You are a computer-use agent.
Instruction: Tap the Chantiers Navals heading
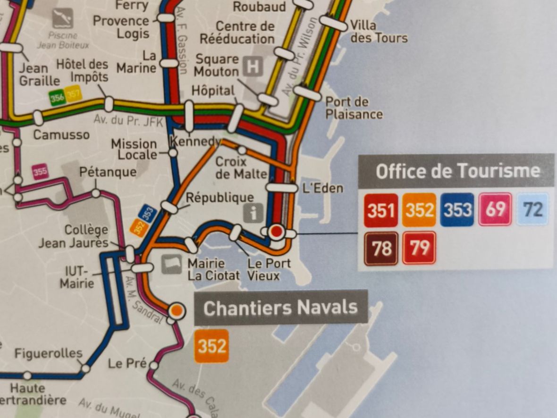[280, 308]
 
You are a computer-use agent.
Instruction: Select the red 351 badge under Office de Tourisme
[380, 210]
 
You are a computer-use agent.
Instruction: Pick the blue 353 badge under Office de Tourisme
[457, 210]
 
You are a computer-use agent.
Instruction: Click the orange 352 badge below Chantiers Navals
[211, 346]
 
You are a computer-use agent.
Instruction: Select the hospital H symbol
[253, 67]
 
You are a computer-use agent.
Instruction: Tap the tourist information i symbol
[253, 214]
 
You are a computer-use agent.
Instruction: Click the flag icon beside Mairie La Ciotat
[171, 265]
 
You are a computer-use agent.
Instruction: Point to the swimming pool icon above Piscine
[62, 18]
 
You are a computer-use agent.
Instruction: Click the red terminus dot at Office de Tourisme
[277, 232]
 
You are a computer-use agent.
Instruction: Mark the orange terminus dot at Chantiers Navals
[176, 310]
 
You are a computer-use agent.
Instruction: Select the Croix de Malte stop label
[241, 168]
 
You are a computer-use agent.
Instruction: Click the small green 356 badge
[57, 98]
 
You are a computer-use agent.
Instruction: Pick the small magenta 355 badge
[41, 171]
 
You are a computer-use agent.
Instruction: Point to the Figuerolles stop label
[48, 353]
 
